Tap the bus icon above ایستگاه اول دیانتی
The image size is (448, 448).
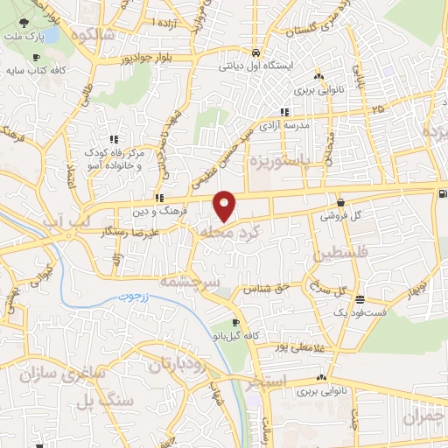tap(254, 51)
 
